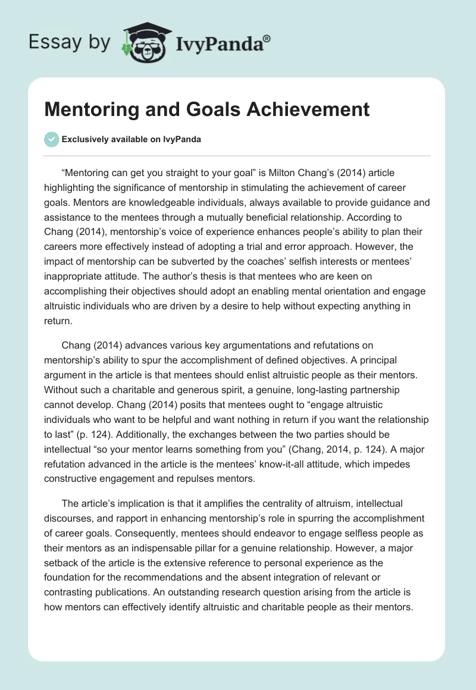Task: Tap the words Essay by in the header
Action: coord(70,42)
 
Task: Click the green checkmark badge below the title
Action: coord(51,139)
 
